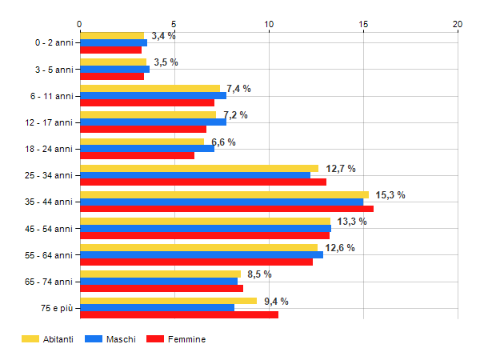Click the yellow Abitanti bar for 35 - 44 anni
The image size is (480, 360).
[x=224, y=194]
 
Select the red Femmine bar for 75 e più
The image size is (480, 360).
[x=179, y=314]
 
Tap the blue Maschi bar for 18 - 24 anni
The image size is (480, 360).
[x=147, y=148]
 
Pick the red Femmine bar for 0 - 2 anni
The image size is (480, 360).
[x=110, y=50]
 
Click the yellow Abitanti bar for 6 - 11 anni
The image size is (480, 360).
[x=150, y=88]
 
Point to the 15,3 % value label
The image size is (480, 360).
[x=392, y=195]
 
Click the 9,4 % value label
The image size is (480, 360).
[x=276, y=302]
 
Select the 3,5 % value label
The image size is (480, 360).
[x=166, y=62]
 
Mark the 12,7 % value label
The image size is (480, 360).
[x=341, y=168]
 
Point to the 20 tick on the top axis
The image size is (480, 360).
[x=458, y=24]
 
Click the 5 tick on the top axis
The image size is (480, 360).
[x=174, y=24]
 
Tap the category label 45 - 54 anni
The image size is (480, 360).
[x=50, y=228]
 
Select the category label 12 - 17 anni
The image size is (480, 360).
[x=50, y=122]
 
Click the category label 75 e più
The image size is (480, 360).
[x=56, y=308]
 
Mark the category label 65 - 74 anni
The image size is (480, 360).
[x=50, y=281]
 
